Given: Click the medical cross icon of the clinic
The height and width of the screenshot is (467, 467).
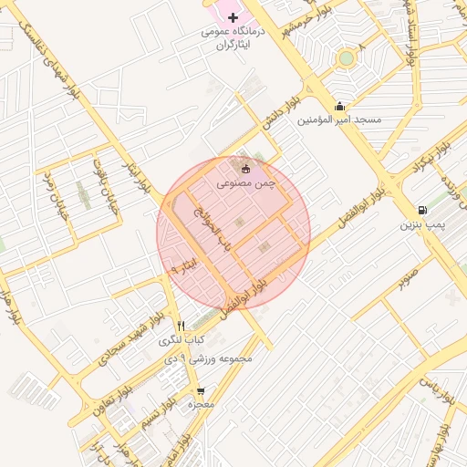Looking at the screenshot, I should coord(233,17).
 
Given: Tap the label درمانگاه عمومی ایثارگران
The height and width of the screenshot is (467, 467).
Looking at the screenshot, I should coord(233,36).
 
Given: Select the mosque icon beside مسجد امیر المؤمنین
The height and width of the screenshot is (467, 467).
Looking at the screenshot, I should coord(339,106).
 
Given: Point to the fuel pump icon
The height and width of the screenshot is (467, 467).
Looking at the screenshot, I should coord(421,211).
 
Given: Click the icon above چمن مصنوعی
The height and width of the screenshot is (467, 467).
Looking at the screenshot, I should coord(244,168).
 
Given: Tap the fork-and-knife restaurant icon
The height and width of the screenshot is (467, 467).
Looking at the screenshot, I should coord(181,326).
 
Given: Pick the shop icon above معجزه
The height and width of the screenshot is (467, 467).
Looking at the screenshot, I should coord(200,390).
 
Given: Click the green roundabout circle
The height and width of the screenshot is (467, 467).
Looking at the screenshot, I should coord(346,58).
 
